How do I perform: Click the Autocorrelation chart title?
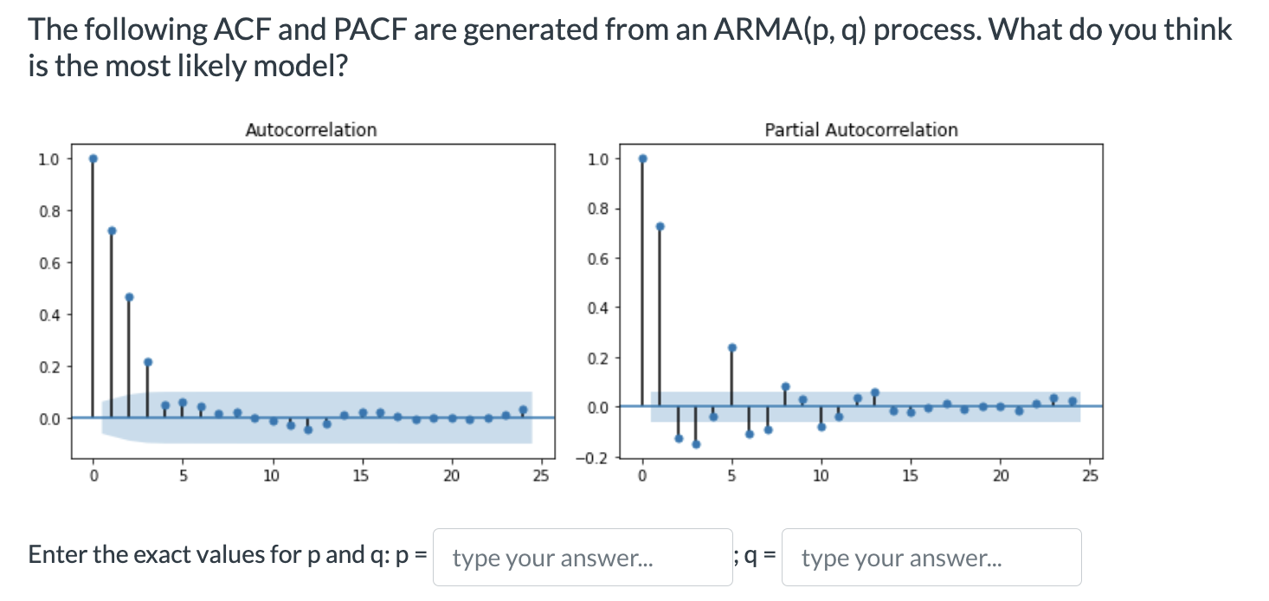point(311,130)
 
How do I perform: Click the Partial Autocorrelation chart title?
point(860,130)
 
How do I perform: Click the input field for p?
point(582,557)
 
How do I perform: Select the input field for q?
point(931,557)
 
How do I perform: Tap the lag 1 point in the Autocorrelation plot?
point(112,230)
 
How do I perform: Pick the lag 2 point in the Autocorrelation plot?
point(129,297)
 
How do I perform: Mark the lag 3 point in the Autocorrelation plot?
point(147,362)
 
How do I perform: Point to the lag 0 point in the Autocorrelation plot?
point(93,158)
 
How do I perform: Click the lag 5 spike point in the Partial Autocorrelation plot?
point(731,347)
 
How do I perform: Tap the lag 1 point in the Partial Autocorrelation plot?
point(660,226)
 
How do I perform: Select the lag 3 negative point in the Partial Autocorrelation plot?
point(696,444)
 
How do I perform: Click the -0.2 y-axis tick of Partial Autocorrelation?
point(598,456)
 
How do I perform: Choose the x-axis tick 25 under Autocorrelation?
point(541,475)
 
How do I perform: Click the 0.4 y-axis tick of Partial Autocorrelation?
point(598,307)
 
